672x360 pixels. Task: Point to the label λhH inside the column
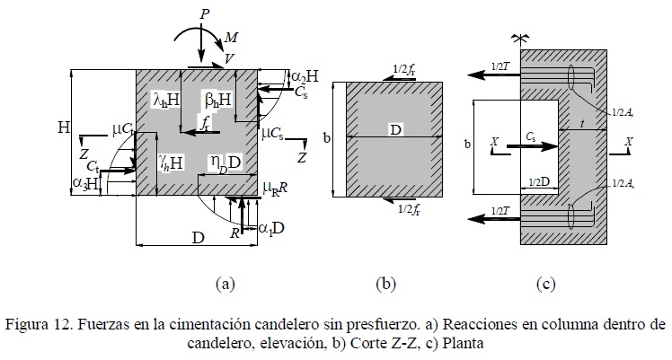coord(167,98)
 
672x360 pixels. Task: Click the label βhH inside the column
coord(213,98)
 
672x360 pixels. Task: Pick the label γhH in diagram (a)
coord(172,162)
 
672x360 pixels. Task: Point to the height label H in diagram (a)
coord(64,128)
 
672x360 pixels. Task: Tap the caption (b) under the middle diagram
coord(385,285)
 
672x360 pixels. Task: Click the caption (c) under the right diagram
coord(545,285)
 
